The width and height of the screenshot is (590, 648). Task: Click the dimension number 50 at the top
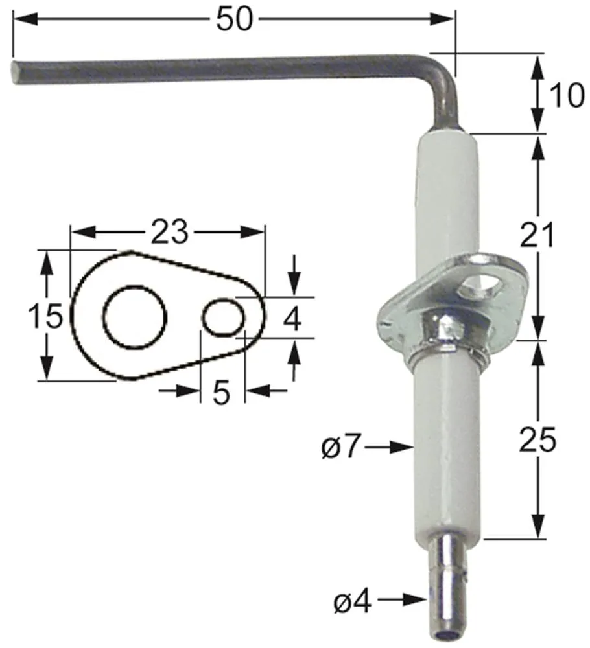pyautogui.click(x=233, y=19)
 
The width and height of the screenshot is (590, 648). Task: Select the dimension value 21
pyautogui.click(x=537, y=235)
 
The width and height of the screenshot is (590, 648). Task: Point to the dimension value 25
pyautogui.click(x=537, y=441)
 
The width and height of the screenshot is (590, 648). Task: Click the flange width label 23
pyautogui.click(x=169, y=231)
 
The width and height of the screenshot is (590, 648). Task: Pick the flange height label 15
pyautogui.click(x=45, y=316)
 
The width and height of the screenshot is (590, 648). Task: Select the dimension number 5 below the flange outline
pyautogui.click(x=222, y=392)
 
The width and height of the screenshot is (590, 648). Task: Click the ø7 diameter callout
pyautogui.click(x=340, y=446)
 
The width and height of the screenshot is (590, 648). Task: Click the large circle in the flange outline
pyautogui.click(x=135, y=316)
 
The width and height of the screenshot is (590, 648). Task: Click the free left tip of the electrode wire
pyautogui.click(x=16, y=71)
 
